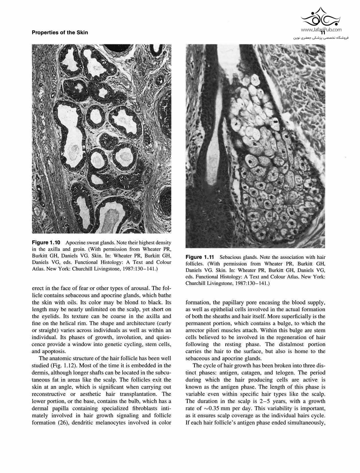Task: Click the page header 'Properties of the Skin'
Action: click(60, 33)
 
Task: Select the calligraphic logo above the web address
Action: click(321, 17)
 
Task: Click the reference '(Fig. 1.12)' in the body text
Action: click(60, 366)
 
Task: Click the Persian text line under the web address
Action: click(320, 38)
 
